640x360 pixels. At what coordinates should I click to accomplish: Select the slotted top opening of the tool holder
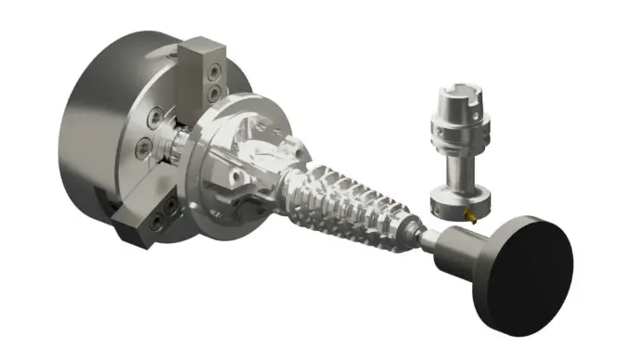pyautogui.click(x=454, y=95)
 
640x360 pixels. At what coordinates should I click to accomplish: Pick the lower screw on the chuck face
pyautogui.click(x=145, y=148)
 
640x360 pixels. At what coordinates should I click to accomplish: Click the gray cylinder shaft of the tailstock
pyautogui.click(x=454, y=243)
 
